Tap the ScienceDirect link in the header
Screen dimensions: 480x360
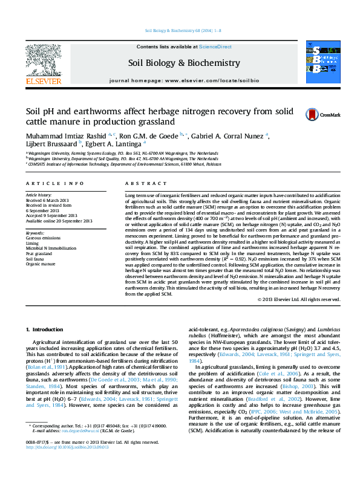click(x=215, y=47)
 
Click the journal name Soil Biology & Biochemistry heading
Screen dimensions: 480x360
click(x=183, y=63)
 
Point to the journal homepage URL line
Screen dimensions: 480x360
click(x=184, y=80)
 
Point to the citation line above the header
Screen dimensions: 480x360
click(x=179, y=30)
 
